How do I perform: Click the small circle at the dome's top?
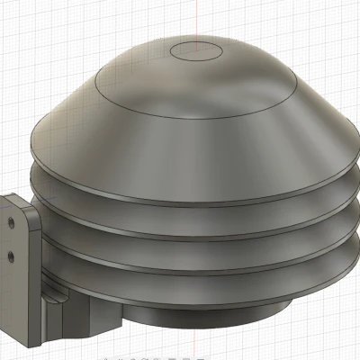[195, 50]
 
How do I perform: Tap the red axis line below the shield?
[195, 346]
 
